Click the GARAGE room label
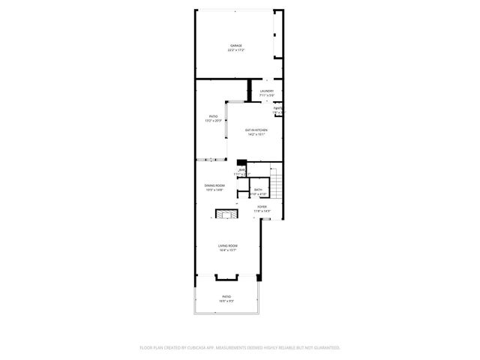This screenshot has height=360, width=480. tap(236, 46)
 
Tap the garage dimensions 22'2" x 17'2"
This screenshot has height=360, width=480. tap(236, 50)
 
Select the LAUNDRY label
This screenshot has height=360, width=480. tap(266, 91)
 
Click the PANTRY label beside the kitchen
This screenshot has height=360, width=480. tap(278, 108)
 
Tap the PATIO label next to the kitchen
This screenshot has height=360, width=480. tap(213, 116)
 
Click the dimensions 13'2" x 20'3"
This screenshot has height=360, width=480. tap(213, 121)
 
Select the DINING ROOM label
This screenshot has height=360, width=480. tap(214, 185)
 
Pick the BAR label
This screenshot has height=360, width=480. tap(242, 170)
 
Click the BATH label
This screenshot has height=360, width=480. tap(257, 190)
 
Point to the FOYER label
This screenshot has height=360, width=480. tap(262, 206)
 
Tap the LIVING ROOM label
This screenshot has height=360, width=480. tap(227, 246)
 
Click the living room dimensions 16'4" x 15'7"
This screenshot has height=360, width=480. tap(227, 250)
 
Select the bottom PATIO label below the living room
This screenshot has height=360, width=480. tap(226, 297)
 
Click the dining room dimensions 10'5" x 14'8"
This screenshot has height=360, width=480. tap(214, 190)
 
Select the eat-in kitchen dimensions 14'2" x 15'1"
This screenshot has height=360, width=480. tap(256, 135)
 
